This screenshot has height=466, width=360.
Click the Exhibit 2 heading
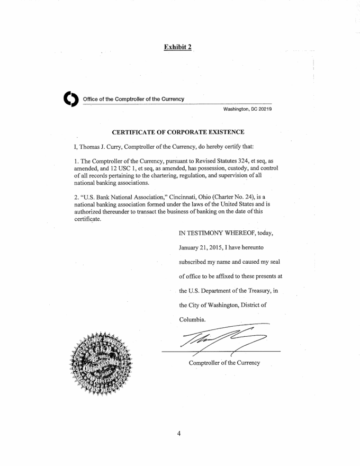(x=178, y=47)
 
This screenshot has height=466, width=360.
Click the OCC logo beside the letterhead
(x=70, y=100)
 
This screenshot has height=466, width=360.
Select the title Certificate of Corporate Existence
(x=178, y=131)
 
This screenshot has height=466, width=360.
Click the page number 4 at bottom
(x=179, y=434)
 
